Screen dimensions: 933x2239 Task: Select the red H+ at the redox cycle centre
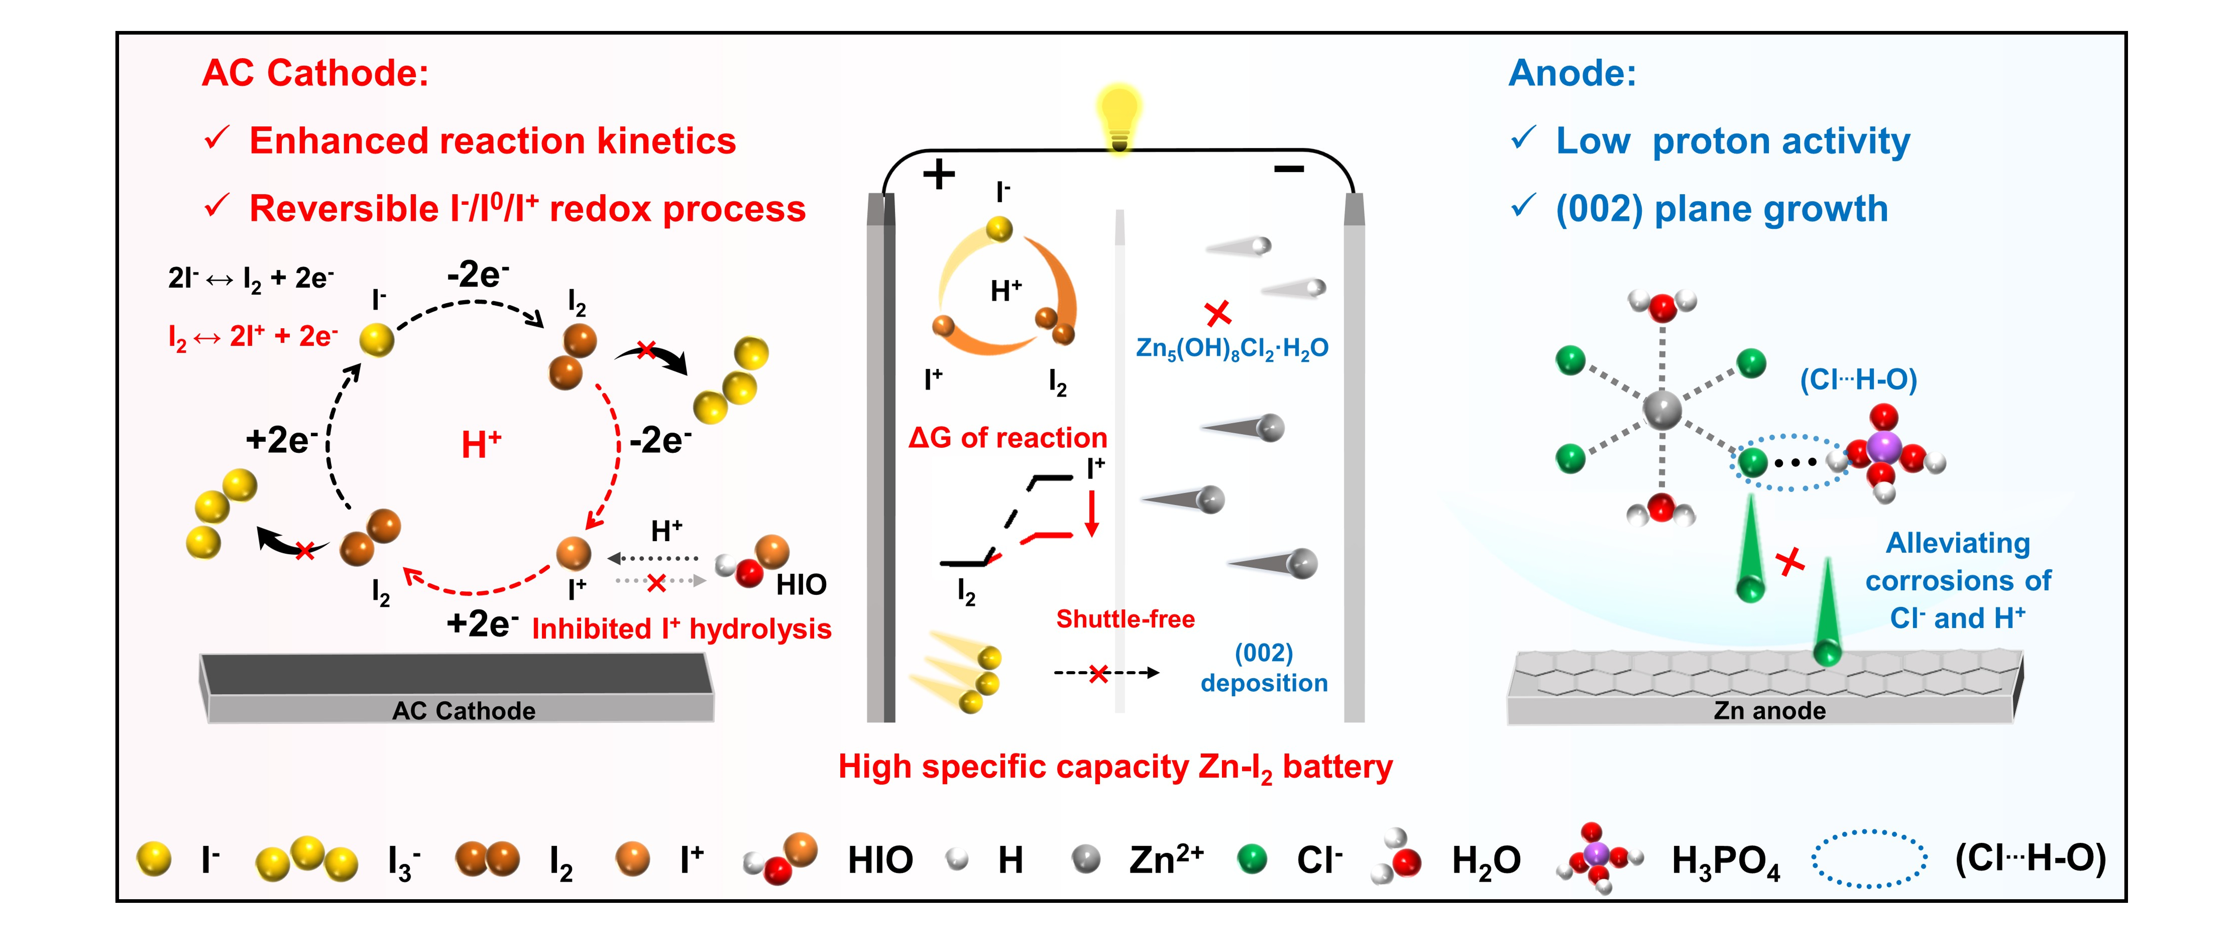pos(481,445)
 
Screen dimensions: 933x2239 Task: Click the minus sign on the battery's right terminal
pos(1289,169)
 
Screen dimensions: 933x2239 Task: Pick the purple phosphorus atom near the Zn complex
pos(1883,448)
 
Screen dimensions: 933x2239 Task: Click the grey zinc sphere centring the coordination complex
pos(1662,409)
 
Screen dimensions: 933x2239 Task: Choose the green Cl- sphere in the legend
pos(1252,859)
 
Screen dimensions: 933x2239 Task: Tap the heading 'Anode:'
pos(1571,73)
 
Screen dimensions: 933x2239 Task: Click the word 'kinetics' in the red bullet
pos(667,141)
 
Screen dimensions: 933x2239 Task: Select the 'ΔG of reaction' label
pos(1007,438)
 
